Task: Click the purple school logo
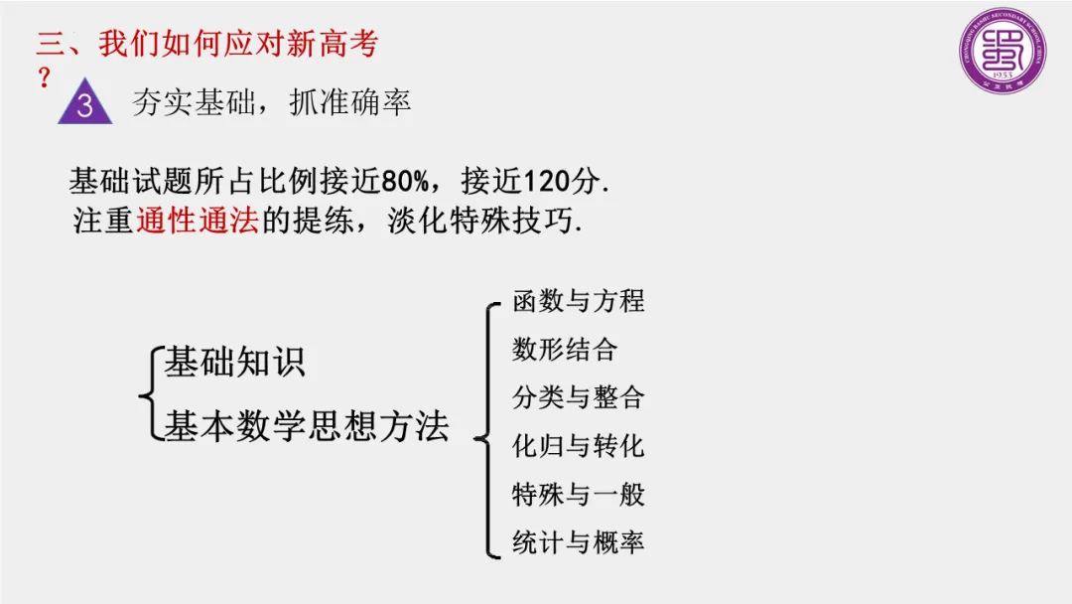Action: click(x=1003, y=52)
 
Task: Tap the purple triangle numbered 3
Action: click(x=84, y=103)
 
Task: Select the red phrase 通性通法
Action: click(x=196, y=220)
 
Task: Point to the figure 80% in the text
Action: click(x=405, y=182)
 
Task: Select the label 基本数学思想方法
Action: click(x=306, y=426)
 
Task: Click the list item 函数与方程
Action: click(x=578, y=300)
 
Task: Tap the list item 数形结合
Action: click(x=564, y=349)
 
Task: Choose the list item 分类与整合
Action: click(x=578, y=397)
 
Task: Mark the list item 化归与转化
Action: click(x=578, y=446)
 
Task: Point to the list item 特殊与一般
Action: click(x=578, y=494)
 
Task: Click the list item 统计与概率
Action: click(x=578, y=542)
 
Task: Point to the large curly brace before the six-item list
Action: click(x=485, y=427)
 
